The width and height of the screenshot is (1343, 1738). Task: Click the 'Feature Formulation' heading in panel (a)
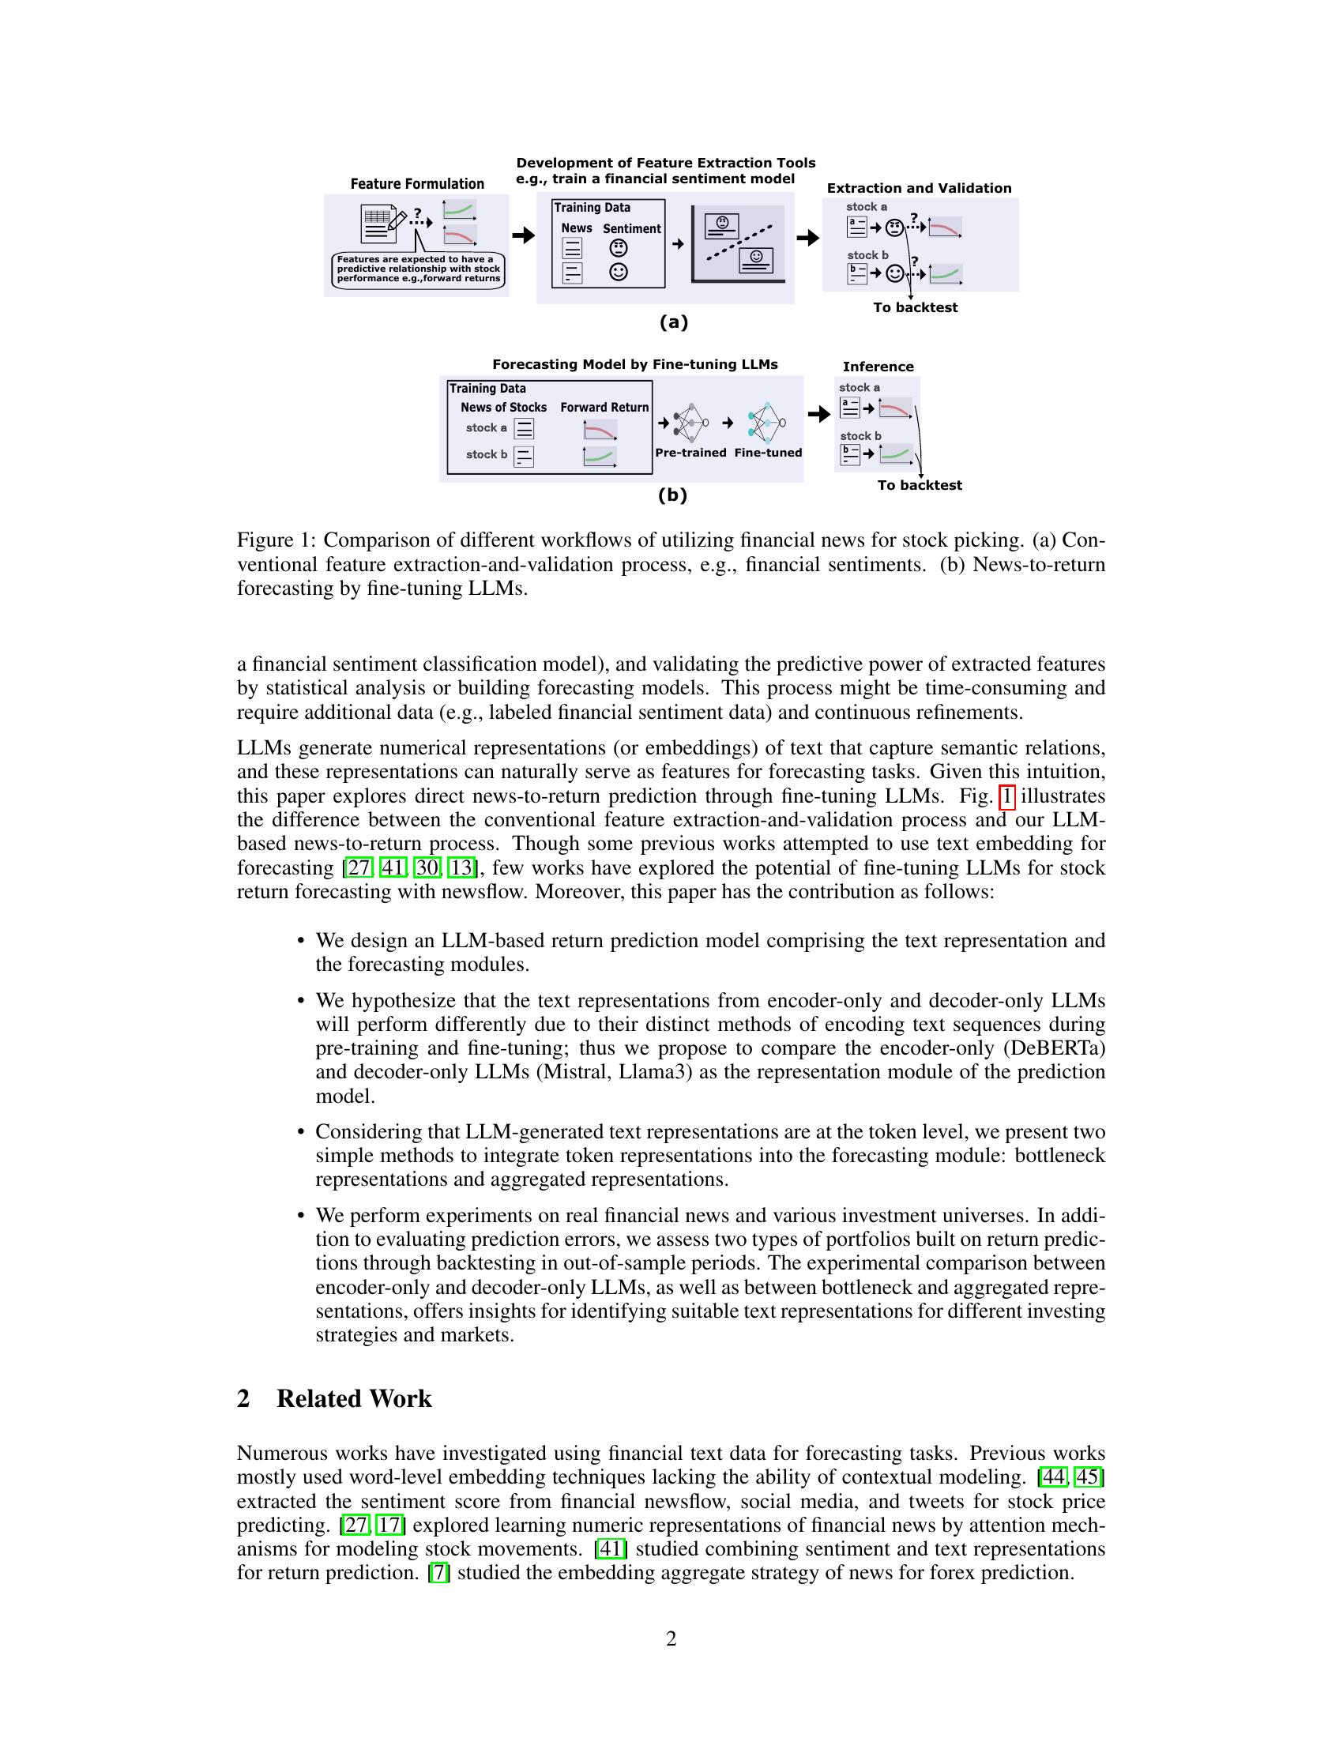point(417,184)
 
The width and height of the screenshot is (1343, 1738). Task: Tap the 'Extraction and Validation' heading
point(919,189)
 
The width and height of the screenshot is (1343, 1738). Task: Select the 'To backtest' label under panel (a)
point(915,308)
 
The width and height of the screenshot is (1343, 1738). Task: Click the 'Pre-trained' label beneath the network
point(690,453)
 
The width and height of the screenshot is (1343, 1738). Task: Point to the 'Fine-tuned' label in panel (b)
point(768,453)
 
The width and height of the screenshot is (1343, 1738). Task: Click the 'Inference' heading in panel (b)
point(878,367)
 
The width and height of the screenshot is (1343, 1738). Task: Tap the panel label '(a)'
point(673,322)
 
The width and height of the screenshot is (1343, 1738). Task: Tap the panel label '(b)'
point(672,495)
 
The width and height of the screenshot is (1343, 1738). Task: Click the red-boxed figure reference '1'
point(1006,796)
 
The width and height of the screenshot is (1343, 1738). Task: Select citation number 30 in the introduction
point(427,868)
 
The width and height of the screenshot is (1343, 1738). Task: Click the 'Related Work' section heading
point(353,1399)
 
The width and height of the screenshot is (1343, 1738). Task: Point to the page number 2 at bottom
point(671,1639)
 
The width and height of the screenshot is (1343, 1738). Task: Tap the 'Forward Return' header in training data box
point(604,408)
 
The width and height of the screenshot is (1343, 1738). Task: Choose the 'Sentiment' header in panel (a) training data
point(632,229)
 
